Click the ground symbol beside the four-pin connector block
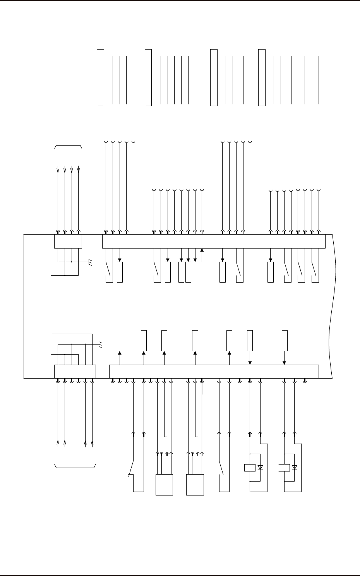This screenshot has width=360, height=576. coord(90,263)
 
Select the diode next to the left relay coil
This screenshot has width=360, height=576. coord(260,468)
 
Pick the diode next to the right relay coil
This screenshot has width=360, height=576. coord(294,468)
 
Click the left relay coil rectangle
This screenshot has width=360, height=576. coord(250,468)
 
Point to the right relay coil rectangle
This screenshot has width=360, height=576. coord(284,468)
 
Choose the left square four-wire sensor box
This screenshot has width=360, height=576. coord(164,484)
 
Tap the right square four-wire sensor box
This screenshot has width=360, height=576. coord(195,484)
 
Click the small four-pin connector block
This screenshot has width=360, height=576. coord(68,241)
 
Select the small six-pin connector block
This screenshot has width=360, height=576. coord(75,371)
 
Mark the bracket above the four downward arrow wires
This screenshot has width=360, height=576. coord(68,147)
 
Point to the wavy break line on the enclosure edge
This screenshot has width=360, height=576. coord(332,306)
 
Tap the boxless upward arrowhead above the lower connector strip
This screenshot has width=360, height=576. coord(120,353)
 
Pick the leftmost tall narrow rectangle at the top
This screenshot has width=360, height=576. coord(100,77)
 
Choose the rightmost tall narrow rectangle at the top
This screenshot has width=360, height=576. coord(262,77)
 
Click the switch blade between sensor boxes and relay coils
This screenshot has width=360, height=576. coord(223,468)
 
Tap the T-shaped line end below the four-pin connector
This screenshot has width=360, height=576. coord(51,275)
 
